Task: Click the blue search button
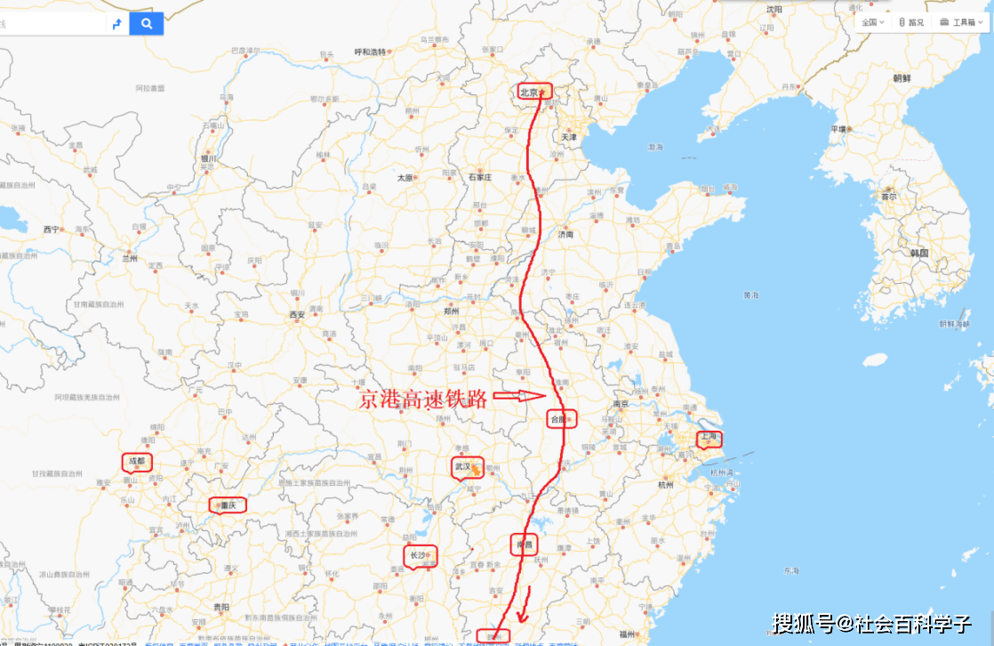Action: coord(146,24)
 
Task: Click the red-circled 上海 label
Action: coord(709,438)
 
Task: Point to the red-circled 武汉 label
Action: coord(467,466)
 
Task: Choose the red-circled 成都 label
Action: coord(137,462)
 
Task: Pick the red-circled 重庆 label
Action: coord(227,505)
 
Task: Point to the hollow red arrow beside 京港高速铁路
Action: coord(517,396)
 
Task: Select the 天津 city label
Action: coord(568,138)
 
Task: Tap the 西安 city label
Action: coord(296,314)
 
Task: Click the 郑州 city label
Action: coord(452,311)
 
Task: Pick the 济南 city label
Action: coord(565,236)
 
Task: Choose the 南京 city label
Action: coord(621,403)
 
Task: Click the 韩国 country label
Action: coord(918,253)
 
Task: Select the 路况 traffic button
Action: coord(911,22)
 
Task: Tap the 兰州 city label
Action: coord(130,258)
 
